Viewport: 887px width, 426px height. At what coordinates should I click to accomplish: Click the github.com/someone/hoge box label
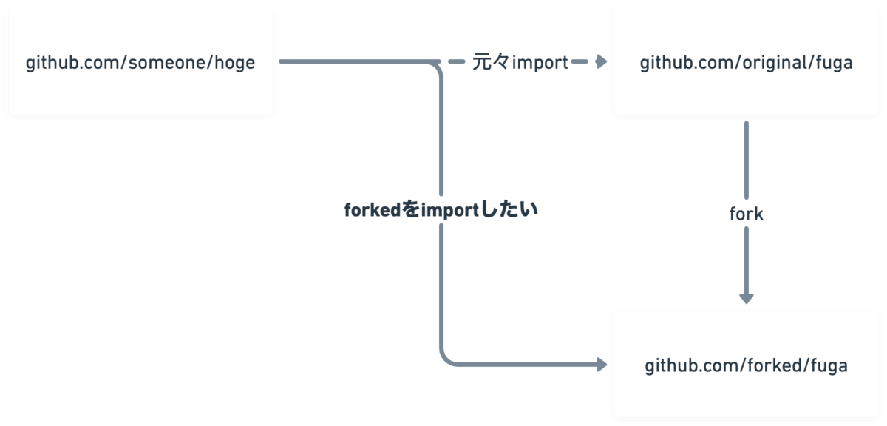[x=140, y=63]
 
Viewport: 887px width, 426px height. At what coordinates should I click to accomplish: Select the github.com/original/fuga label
[x=746, y=63]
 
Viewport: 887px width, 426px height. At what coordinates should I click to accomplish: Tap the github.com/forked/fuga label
[x=746, y=366]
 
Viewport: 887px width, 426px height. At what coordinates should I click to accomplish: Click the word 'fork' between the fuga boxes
[x=746, y=214]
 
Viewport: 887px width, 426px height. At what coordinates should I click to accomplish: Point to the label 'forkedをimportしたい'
[x=441, y=209]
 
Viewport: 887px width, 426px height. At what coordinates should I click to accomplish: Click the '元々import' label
[x=520, y=62]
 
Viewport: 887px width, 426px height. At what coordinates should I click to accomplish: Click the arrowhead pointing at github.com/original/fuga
[x=602, y=61]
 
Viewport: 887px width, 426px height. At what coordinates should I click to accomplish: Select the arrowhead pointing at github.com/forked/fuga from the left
[x=602, y=364]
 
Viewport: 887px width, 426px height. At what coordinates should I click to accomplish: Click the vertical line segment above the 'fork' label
[x=747, y=160]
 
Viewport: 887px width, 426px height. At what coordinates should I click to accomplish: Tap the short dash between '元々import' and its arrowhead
[x=580, y=61]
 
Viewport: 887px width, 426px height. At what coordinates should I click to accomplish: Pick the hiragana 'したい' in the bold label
[x=509, y=209]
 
